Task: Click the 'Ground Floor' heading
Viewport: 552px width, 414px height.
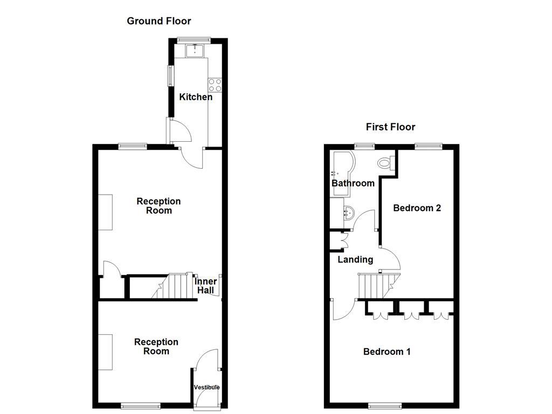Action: click(158, 21)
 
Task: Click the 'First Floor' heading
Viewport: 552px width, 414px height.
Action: click(390, 127)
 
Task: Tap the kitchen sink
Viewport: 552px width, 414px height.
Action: click(194, 51)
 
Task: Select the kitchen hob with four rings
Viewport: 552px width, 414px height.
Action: click(215, 85)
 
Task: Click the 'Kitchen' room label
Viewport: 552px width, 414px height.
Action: click(196, 97)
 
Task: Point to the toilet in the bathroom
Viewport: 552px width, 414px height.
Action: click(386, 162)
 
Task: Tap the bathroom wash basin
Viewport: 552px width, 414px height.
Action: click(348, 212)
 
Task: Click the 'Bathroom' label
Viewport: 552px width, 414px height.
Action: click(353, 183)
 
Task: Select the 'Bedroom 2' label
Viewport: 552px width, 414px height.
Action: click(417, 208)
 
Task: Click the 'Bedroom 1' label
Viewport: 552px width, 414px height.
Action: click(387, 352)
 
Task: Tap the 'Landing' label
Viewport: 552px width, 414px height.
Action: click(355, 260)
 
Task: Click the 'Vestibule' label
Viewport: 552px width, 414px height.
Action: click(207, 387)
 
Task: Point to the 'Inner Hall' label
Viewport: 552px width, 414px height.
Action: click(206, 286)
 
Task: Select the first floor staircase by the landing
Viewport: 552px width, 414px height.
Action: click(377, 285)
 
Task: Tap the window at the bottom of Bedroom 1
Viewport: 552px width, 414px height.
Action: click(385, 405)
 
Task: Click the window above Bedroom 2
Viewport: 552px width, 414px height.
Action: click(429, 146)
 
